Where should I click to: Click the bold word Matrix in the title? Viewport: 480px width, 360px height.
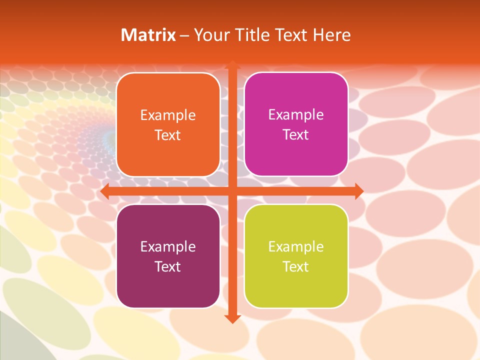tap(148, 35)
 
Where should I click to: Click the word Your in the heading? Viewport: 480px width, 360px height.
tap(209, 35)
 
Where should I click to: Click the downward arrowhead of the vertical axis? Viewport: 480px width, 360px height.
tap(232, 318)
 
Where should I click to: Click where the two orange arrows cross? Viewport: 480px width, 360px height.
tap(232, 191)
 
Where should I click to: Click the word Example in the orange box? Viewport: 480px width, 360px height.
tap(168, 115)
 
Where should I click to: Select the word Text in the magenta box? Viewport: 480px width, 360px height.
tap(296, 135)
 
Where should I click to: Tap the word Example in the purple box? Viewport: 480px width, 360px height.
tap(168, 247)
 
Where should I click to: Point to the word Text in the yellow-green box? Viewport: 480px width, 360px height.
tap(296, 267)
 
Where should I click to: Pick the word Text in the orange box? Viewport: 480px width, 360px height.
tap(168, 135)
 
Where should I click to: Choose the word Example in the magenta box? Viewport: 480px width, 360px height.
tap(296, 115)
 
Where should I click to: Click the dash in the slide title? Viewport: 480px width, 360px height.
tap(185, 35)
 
